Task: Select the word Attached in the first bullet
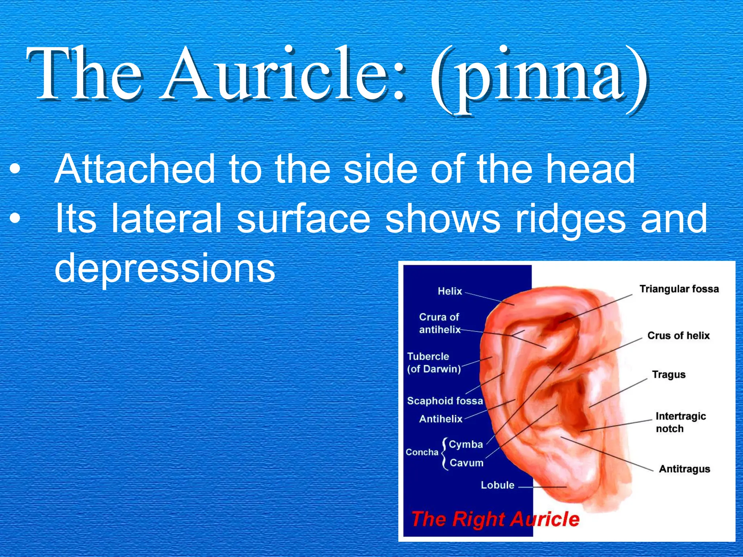[134, 169]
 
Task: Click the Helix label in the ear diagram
[450, 291]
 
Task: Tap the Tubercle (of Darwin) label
[434, 363]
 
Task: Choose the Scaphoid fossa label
[445, 401]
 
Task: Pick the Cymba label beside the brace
[466, 444]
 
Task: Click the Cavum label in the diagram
[467, 463]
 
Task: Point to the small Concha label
[422, 452]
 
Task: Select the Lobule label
[497, 485]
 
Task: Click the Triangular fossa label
[679, 289]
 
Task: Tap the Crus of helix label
[678, 335]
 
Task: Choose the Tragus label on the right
[669, 374]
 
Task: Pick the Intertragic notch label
[680, 422]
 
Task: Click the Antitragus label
[684, 469]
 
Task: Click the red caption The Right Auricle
[495, 519]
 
